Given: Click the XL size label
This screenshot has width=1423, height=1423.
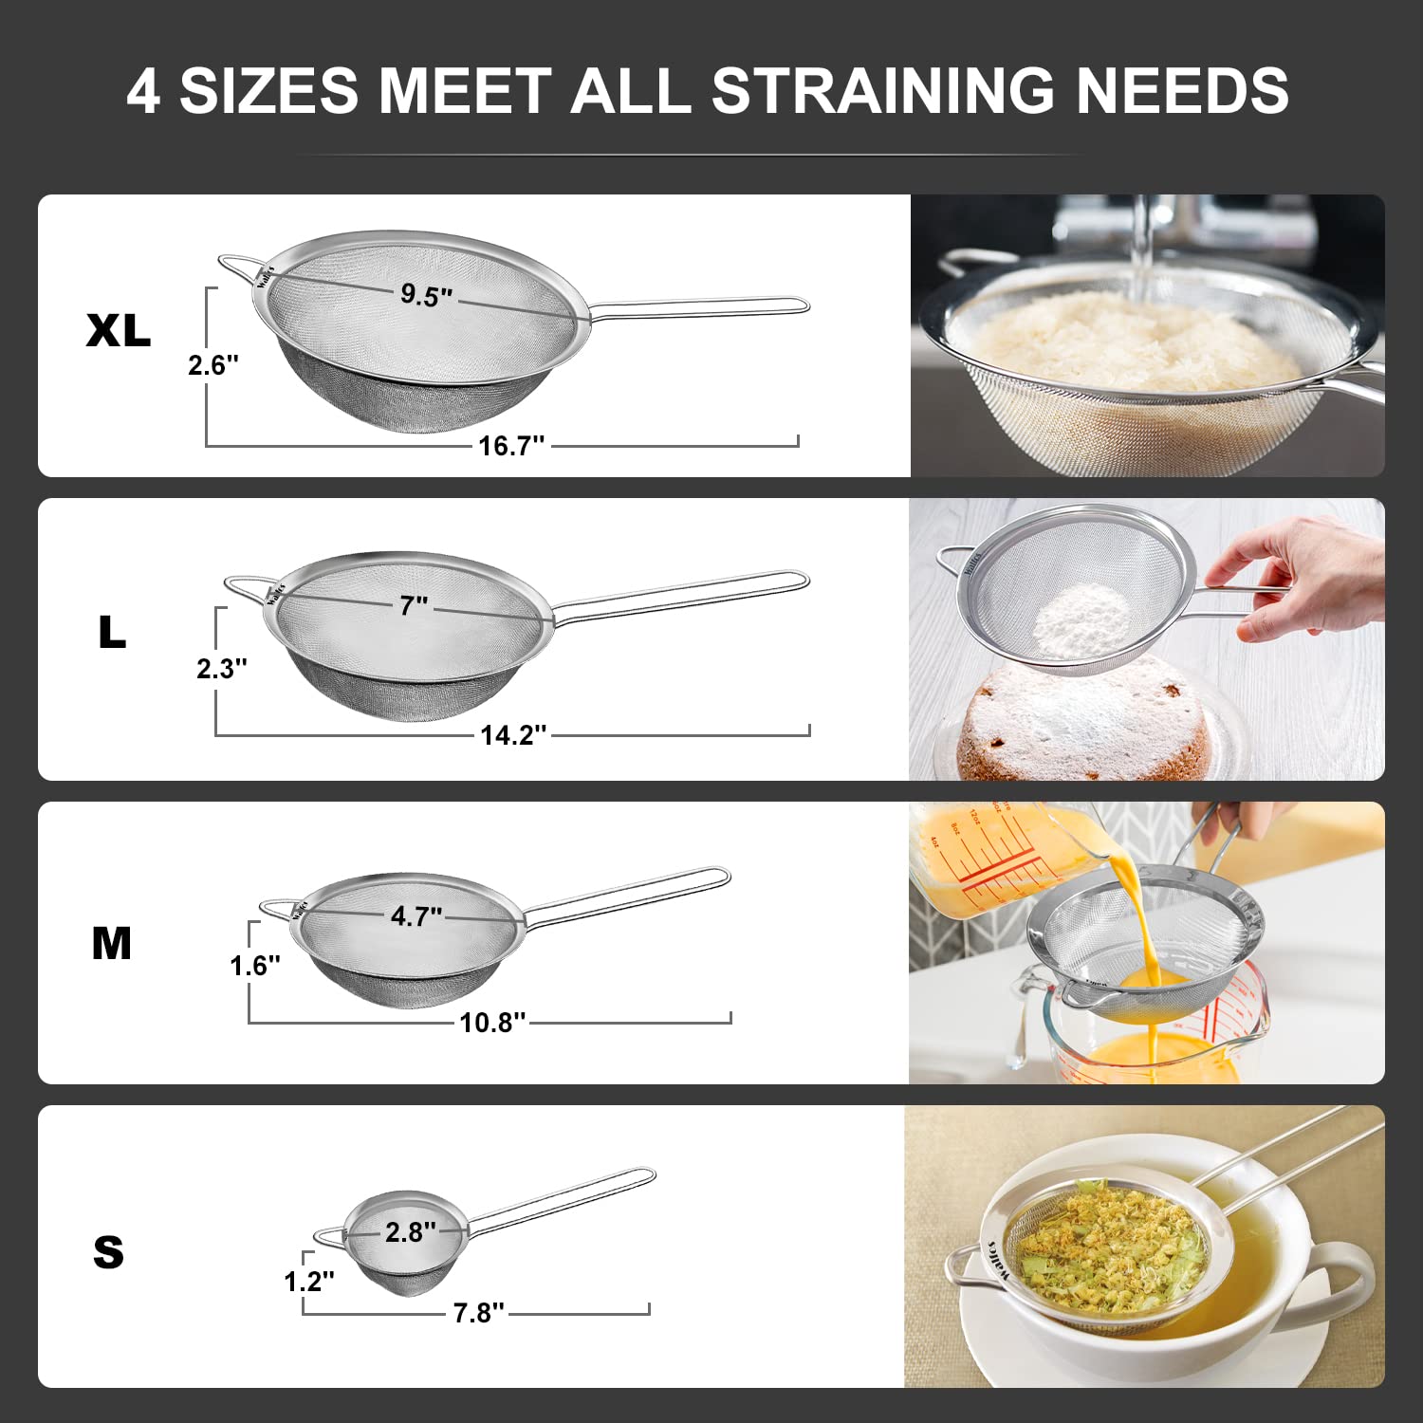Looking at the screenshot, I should pyautogui.click(x=119, y=330).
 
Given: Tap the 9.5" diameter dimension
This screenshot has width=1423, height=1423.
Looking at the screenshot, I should pyautogui.click(x=426, y=294).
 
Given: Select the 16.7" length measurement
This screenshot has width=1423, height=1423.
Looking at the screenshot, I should pyautogui.click(x=511, y=445).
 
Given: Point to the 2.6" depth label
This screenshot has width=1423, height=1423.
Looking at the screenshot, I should pyautogui.click(x=213, y=364).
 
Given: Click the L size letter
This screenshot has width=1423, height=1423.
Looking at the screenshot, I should pyautogui.click(x=112, y=632).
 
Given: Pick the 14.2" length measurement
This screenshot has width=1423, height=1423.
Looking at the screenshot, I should pyautogui.click(x=513, y=734).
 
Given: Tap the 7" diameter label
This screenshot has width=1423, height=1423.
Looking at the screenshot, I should pyautogui.click(x=414, y=605).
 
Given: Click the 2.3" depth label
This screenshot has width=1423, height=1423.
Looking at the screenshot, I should pyautogui.click(x=221, y=669).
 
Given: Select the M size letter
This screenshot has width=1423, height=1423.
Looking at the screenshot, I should pyautogui.click(x=112, y=943).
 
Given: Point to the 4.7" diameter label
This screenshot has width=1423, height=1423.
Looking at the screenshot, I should pyautogui.click(x=416, y=916).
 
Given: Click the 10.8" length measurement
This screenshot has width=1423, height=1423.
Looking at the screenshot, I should pyautogui.click(x=492, y=1022).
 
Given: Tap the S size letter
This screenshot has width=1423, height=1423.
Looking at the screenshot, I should pyautogui.click(x=109, y=1252).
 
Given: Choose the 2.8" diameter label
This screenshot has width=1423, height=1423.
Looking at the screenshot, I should pyautogui.click(x=410, y=1232).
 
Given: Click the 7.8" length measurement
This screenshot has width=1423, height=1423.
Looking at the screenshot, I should pyautogui.click(x=478, y=1313).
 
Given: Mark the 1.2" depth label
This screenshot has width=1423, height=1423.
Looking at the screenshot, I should pyautogui.click(x=309, y=1282).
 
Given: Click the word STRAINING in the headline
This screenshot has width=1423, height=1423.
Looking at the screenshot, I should pyautogui.click(x=882, y=91).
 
